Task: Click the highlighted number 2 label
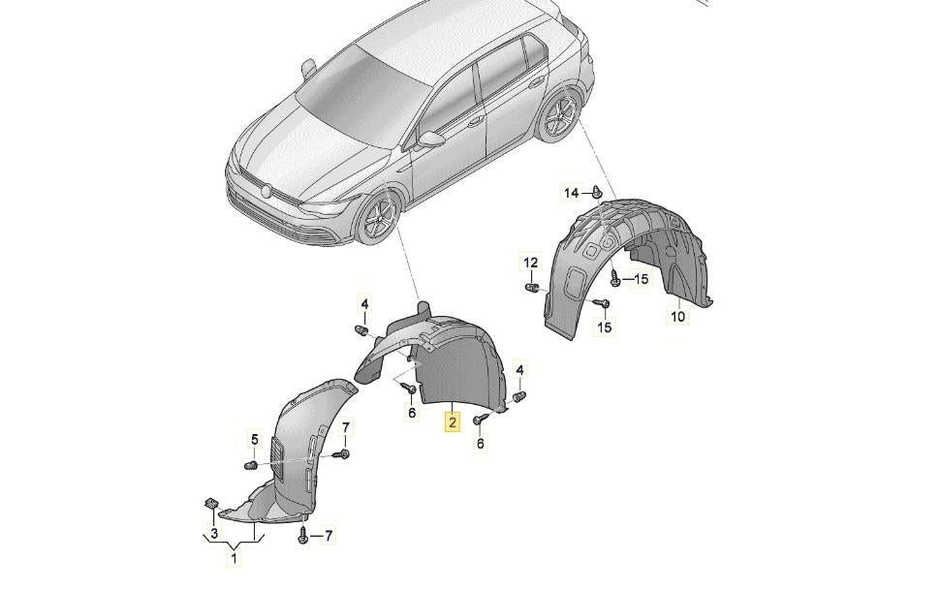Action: tap(452, 422)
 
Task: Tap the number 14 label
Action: tap(572, 193)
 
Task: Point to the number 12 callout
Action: tap(530, 263)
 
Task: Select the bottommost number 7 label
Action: tap(329, 535)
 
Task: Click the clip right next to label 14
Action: tap(597, 192)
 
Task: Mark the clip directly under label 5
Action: tap(252, 464)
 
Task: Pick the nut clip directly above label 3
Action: tap(210, 504)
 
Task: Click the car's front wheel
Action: tap(379, 219)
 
